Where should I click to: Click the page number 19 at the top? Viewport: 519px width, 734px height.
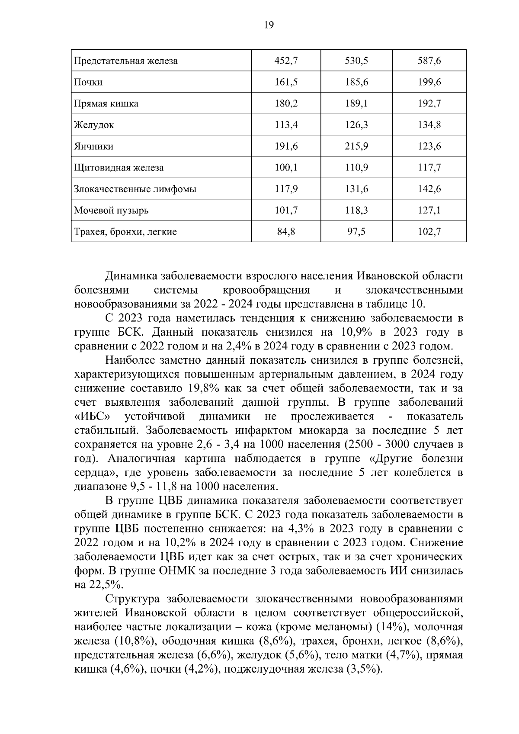pyautogui.click(x=268, y=25)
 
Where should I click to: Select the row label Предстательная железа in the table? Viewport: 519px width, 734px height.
pyautogui.click(x=126, y=61)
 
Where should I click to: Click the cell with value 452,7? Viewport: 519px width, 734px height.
pyautogui.click(x=286, y=61)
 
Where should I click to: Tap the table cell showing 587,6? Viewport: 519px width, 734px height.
pyautogui.click(x=429, y=61)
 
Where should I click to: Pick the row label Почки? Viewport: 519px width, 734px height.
pyautogui.click(x=88, y=82)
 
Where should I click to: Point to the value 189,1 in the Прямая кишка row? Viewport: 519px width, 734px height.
pyautogui.click(x=356, y=104)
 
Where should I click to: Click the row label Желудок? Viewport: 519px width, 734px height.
pyautogui.click(x=94, y=125)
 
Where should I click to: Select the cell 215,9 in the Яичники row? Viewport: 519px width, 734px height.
pyautogui.click(x=356, y=146)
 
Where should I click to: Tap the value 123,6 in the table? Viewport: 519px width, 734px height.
pyautogui.click(x=429, y=146)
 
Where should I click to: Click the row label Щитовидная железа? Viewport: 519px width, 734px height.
pyautogui.click(x=119, y=168)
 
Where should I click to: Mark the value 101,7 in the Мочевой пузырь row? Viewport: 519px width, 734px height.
pyautogui.click(x=286, y=211)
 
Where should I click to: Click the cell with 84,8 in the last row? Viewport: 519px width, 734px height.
pyautogui.click(x=286, y=232)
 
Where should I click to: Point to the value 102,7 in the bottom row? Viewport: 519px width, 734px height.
pyautogui.click(x=429, y=232)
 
